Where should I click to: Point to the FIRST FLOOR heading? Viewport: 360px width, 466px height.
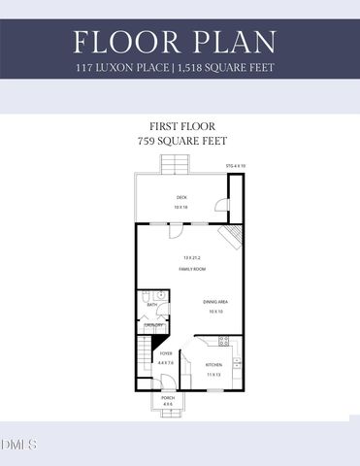click(x=180, y=126)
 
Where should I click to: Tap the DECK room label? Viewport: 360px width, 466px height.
click(x=180, y=198)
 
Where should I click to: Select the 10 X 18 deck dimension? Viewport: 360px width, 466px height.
click(x=180, y=208)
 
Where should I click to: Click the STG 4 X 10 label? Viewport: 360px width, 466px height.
click(x=236, y=167)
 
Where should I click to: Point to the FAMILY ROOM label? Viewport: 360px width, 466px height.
click(x=194, y=268)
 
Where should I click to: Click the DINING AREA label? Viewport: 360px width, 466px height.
click(x=215, y=302)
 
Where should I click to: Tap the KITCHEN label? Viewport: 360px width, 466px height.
click(x=213, y=364)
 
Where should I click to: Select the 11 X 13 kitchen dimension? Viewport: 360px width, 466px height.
click(x=213, y=375)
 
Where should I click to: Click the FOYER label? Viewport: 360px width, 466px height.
click(x=167, y=353)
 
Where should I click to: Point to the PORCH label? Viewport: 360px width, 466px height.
click(x=168, y=398)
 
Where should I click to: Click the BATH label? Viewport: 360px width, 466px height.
click(x=152, y=305)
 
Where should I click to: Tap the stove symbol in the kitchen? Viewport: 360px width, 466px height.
click(x=224, y=342)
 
